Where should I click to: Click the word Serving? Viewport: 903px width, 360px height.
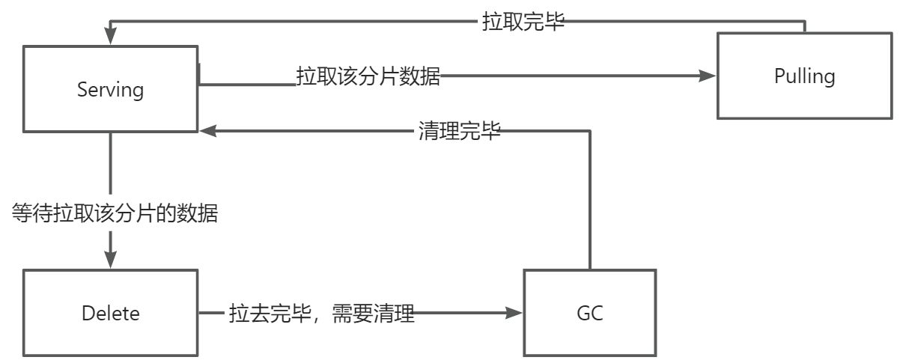click(111, 91)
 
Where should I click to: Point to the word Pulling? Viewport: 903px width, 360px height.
click(805, 76)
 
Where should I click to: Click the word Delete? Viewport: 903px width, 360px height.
click(111, 313)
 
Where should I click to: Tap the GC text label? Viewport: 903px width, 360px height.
click(590, 313)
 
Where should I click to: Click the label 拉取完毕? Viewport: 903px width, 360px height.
click(523, 22)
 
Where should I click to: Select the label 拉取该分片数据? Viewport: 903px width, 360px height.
click(368, 76)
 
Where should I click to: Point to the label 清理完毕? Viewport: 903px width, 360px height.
click(459, 132)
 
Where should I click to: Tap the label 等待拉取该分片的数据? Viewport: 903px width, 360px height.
click(115, 214)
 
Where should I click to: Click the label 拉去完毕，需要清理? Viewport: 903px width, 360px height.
click(322, 313)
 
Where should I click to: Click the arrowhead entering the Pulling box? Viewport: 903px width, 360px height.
click(708, 76)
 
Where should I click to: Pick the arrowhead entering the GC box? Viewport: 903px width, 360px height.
click(514, 313)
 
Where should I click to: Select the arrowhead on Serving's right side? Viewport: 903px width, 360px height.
click(208, 131)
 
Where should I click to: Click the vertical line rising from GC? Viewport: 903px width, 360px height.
click(590, 202)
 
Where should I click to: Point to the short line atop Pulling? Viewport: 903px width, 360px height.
click(805, 26)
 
